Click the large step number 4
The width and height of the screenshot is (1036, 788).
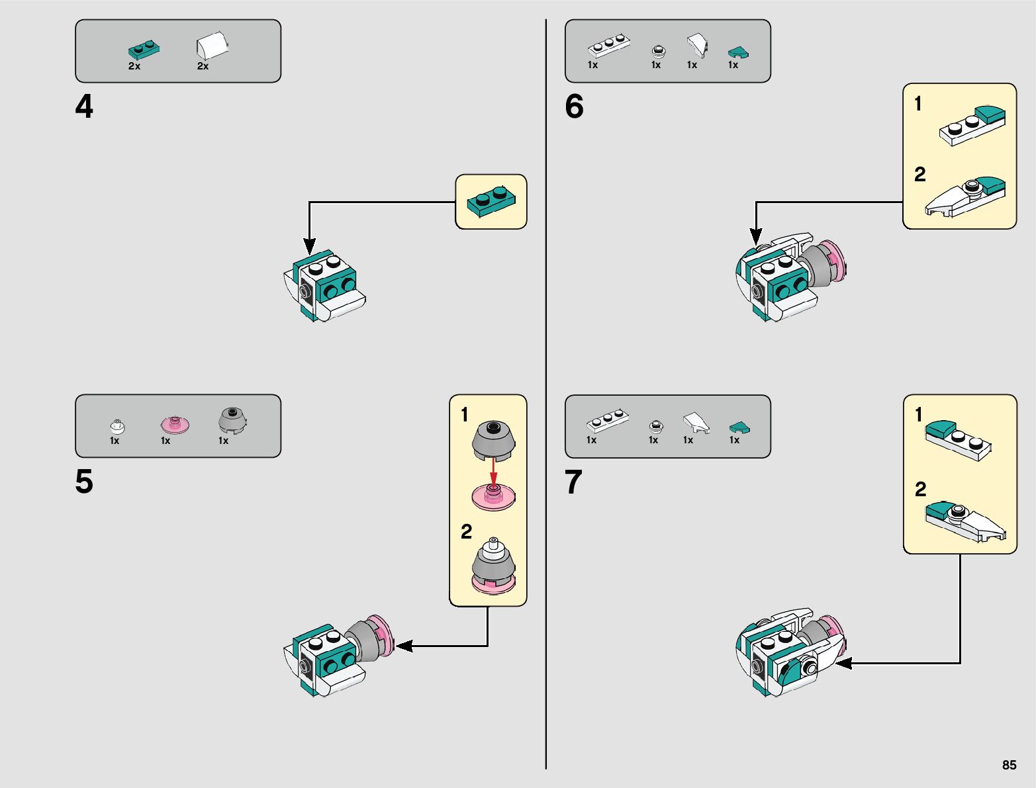pos(84,107)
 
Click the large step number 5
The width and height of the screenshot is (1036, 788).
pos(84,482)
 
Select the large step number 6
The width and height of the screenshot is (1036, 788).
pos(574,107)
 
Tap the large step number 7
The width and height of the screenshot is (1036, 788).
pos(573,482)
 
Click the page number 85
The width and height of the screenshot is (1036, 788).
pos(1009,765)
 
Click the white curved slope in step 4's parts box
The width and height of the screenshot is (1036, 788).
pos(212,47)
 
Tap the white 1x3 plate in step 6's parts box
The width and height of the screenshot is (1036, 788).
pos(608,46)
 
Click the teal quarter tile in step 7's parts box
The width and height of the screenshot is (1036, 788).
pos(739,428)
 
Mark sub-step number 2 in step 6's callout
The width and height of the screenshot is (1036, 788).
pos(919,175)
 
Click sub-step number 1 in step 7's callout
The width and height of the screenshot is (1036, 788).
pos(918,415)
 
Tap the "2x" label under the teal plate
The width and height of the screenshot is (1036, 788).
pos(134,66)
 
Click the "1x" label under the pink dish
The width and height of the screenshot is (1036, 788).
pos(165,441)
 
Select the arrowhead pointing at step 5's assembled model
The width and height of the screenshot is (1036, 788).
pos(402,646)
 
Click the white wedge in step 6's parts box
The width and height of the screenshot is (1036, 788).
pos(696,45)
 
